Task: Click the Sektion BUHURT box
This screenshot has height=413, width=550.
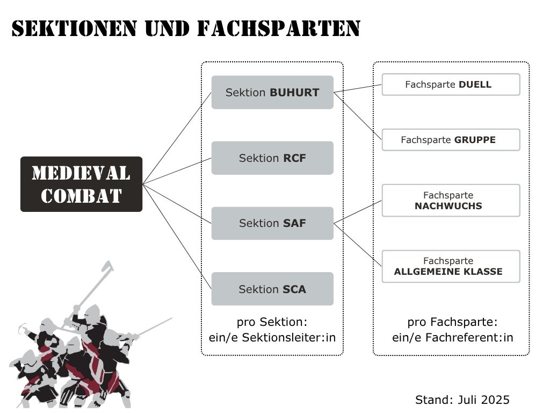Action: [x=272, y=92]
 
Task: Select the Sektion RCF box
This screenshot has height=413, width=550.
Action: [x=272, y=158]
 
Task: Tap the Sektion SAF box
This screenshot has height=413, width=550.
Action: [x=272, y=223]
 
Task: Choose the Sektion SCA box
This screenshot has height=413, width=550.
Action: [x=272, y=289]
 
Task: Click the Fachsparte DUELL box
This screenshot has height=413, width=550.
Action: [x=451, y=84]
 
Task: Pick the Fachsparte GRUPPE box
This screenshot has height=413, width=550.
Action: [x=451, y=140]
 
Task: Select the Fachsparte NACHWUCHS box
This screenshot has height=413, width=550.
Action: [x=451, y=200]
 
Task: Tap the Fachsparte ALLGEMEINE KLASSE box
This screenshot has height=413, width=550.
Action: [x=451, y=266]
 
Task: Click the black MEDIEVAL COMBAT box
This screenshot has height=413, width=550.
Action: [x=82, y=184]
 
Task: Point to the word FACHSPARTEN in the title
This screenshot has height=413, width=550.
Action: [x=279, y=29]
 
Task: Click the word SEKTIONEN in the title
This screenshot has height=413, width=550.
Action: [x=74, y=29]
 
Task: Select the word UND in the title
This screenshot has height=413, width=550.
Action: [x=167, y=29]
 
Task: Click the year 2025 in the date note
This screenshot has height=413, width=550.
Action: [x=495, y=400]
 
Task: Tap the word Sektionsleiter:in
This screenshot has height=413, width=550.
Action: [x=288, y=338]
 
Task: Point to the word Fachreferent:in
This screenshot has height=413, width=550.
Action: [x=469, y=338]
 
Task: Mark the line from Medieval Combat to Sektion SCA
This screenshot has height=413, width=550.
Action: [x=177, y=237]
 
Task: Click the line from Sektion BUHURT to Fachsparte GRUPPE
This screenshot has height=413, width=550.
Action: [x=357, y=116]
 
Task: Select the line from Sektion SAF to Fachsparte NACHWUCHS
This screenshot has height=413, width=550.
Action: [x=357, y=212]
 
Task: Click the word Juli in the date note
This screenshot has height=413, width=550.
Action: [x=467, y=400]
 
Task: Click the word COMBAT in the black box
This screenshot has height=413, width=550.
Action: [x=82, y=196]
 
